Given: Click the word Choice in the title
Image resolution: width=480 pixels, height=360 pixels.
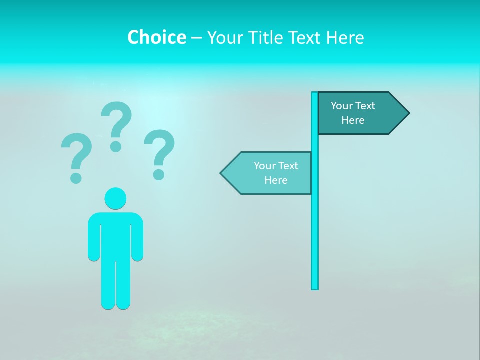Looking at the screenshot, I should [156, 37].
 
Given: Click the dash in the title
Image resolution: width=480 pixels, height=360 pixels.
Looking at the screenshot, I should [196, 38].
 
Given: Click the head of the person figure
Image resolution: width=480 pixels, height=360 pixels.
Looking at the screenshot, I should [115, 198].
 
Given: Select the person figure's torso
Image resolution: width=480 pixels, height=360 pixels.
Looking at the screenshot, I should [115, 235].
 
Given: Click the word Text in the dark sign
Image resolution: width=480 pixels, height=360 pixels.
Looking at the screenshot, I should [365, 106].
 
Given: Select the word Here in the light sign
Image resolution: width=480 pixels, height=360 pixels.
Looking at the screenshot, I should [276, 180].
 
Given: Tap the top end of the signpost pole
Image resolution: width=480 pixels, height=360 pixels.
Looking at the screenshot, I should [315, 94].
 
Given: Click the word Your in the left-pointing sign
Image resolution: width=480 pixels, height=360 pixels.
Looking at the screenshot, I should [264, 166].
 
